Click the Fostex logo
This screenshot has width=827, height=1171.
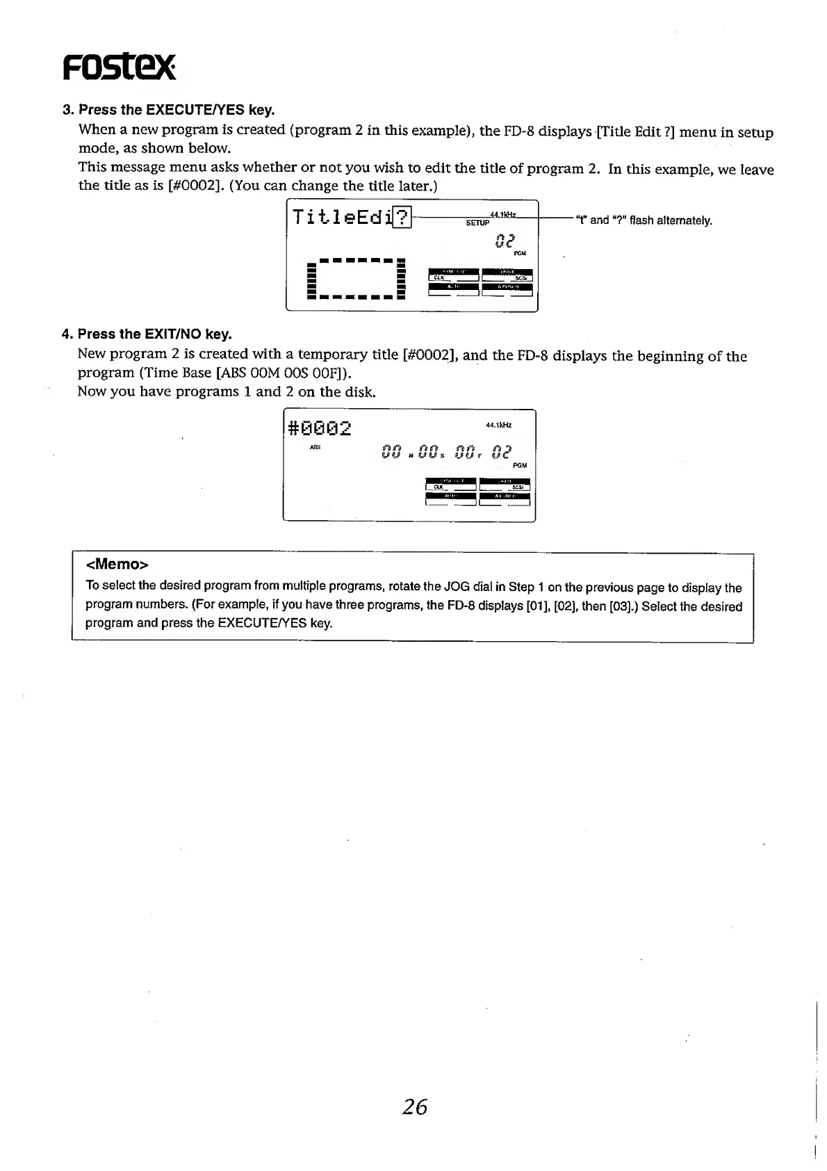point(119,67)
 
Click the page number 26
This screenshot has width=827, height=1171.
point(415,1106)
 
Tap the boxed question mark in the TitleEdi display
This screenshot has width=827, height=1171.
point(403,217)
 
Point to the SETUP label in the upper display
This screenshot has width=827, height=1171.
point(478,223)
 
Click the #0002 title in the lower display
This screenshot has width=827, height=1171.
point(320,428)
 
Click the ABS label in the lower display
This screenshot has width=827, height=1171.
point(315,448)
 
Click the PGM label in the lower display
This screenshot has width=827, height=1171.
point(520,465)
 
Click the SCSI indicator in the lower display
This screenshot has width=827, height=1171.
point(517,487)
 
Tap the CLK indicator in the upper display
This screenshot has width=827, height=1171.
point(439,277)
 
